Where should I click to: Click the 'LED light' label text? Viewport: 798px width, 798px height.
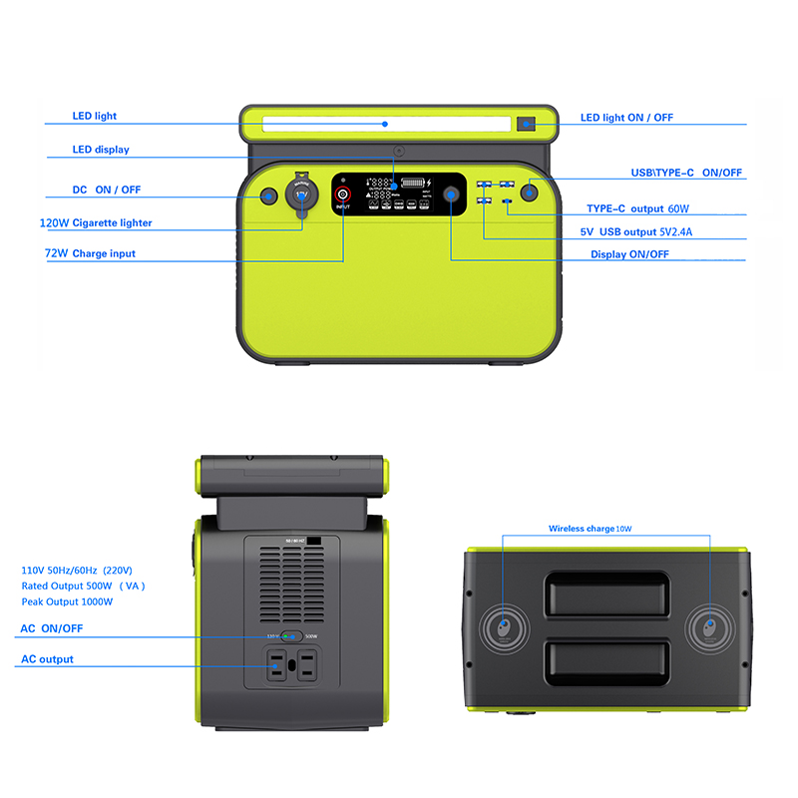tap(94, 116)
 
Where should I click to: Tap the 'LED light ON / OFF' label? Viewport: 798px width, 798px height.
tap(626, 118)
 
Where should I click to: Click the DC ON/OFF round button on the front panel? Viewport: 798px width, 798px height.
tap(268, 197)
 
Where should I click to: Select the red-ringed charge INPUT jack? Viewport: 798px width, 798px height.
tap(342, 194)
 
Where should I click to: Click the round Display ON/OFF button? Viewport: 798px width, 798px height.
tap(452, 196)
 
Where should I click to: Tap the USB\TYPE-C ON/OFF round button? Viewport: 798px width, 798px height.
tap(529, 192)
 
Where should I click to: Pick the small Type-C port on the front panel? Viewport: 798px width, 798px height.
tap(508, 202)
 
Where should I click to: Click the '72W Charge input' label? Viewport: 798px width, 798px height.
tap(90, 253)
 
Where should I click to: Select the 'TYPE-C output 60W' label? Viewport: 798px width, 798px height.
tap(637, 209)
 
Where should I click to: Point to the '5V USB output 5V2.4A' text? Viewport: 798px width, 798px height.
tap(635, 231)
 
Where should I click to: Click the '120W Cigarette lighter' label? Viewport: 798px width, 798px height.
tap(96, 223)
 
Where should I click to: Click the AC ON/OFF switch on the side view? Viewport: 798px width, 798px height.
tap(289, 634)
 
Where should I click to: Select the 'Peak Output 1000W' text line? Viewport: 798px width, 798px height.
tap(67, 601)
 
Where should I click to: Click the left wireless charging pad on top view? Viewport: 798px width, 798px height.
tap(504, 628)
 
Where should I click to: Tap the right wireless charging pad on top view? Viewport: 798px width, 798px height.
tap(709, 628)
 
